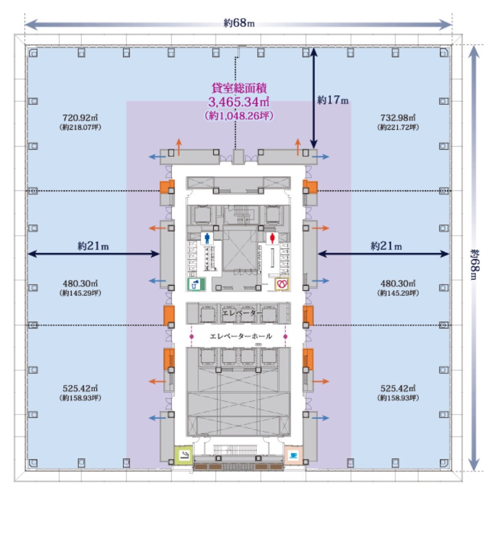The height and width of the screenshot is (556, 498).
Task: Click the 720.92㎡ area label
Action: (80, 118)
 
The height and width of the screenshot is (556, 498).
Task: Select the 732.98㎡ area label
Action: (398, 118)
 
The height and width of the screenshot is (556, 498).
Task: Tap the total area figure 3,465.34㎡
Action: (239, 102)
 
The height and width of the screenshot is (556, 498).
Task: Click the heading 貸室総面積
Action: (239, 88)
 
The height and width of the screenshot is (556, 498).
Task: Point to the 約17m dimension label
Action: (333, 100)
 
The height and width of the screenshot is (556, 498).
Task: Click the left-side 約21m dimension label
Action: (93, 246)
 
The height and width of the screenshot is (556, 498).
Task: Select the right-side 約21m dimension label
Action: (386, 246)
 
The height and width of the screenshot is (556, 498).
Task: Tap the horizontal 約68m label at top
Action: (239, 23)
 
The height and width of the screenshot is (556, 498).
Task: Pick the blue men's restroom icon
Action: (207, 238)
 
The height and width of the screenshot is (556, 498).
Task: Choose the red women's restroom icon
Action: (272, 238)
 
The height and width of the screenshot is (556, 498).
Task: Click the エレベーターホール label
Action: (241, 336)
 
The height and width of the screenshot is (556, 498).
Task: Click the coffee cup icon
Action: (293, 455)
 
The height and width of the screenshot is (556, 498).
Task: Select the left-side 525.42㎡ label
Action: (80, 388)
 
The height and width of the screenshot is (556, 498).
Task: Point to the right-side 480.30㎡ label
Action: (398, 283)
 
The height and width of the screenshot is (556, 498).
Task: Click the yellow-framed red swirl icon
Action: (282, 284)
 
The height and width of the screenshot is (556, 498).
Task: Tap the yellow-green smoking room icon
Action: (184, 455)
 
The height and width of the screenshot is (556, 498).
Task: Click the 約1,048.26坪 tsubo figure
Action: (239, 116)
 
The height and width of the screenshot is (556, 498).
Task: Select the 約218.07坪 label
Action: (80, 127)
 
